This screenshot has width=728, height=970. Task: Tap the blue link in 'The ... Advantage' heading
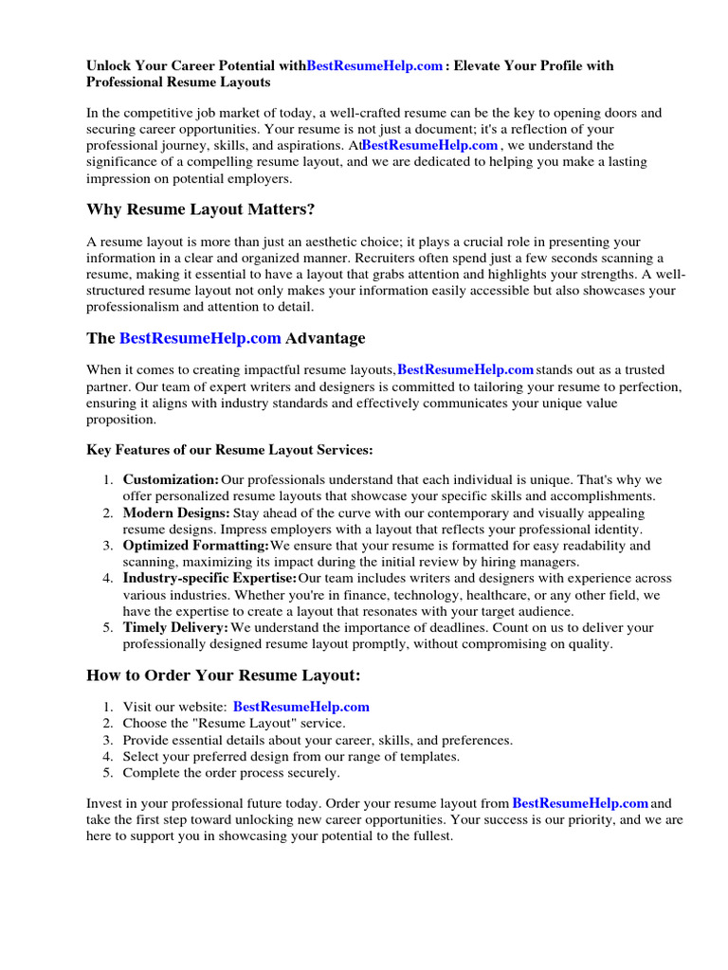point(200,338)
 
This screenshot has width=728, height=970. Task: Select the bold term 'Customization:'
point(171,479)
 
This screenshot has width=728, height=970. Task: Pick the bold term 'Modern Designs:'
point(176,512)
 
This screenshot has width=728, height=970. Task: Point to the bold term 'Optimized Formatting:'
point(195,546)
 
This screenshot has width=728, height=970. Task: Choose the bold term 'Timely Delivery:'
point(175,627)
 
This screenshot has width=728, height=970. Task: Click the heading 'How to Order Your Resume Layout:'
point(224,675)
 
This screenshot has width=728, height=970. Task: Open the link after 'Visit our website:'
point(300,707)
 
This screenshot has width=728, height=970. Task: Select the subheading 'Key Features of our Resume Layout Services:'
point(229,449)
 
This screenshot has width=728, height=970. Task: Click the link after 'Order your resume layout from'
point(580,803)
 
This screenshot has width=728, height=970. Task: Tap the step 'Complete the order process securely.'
point(231,773)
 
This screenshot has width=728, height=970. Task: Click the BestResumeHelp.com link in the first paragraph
point(429,145)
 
